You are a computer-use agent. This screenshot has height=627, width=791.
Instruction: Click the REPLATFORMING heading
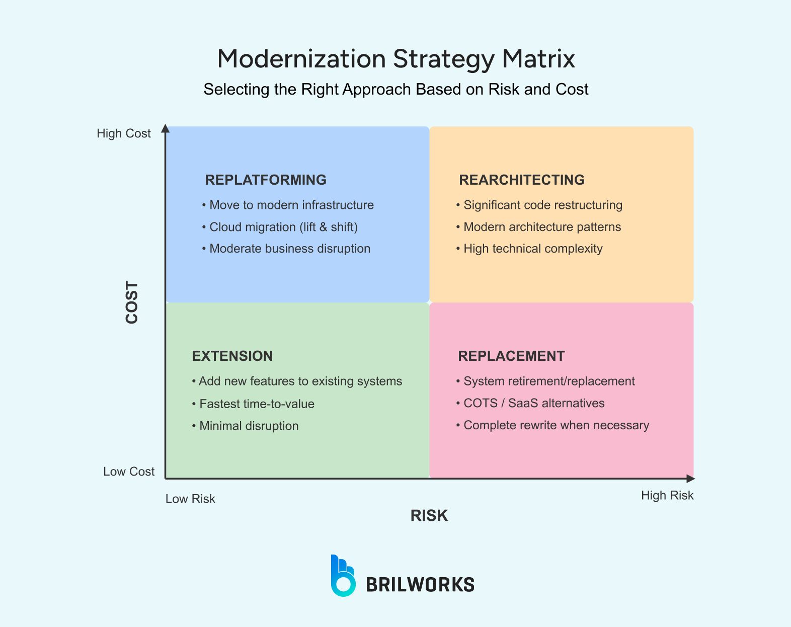point(266,180)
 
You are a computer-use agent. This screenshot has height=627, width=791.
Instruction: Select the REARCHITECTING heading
point(522,180)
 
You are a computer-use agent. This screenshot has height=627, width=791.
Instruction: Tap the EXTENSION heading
point(232,356)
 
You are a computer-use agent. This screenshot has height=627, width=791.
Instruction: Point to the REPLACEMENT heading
point(511,356)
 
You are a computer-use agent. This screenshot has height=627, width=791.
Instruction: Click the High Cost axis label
point(124,133)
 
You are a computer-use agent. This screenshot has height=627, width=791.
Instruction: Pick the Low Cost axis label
point(129,472)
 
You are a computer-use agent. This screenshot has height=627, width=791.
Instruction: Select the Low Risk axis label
point(190,499)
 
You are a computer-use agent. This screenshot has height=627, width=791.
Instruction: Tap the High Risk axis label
point(667,496)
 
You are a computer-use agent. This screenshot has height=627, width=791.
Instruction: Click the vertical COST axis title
point(132,302)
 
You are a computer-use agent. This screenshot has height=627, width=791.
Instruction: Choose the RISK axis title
point(429,515)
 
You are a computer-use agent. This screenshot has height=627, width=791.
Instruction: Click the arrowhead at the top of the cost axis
point(166,129)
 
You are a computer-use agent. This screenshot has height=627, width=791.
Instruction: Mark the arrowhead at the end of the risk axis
point(690,479)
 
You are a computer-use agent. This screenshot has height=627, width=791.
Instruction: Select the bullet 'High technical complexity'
point(533,249)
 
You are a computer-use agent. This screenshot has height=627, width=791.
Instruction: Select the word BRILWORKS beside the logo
point(420,585)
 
